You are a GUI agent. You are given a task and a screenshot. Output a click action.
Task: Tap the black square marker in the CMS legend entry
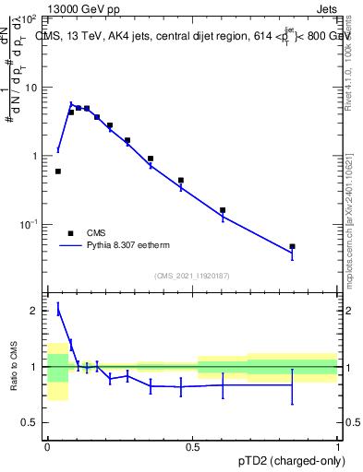pos(70,233)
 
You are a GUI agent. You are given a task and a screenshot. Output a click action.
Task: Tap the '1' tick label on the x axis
pos(338,445)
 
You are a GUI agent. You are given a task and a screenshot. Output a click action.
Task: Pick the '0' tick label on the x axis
pos(47,445)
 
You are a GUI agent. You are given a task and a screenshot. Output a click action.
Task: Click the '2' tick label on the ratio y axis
pos(34,311)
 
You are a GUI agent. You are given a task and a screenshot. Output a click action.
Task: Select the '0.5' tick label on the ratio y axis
pos(30,422)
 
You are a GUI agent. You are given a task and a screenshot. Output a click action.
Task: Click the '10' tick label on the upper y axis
pos(30,88)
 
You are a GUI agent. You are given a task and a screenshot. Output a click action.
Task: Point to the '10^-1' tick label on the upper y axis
pos(29,224)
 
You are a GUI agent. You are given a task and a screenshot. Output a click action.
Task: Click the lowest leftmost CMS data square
pos(58,171)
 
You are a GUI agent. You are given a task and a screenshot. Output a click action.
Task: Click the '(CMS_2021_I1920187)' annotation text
pos(192,276)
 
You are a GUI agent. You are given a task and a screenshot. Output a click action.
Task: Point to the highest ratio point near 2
pos(58,311)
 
